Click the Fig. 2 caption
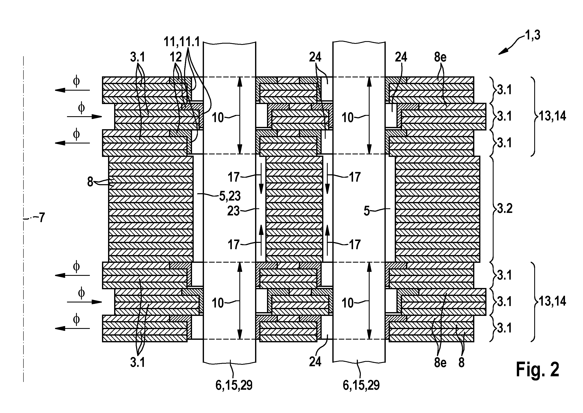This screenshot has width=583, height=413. point(538,370)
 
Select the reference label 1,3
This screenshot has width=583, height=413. point(533,35)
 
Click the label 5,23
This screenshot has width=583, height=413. point(230,196)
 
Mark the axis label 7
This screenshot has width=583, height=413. point(42,218)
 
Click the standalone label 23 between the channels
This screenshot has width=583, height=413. point(233,211)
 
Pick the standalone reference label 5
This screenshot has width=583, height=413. point(367,211)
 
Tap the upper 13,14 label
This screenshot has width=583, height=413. point(552,116)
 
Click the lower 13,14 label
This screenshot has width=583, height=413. point(552,301)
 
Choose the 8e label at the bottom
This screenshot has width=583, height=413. point(440,362)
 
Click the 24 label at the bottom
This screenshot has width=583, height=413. point(315,361)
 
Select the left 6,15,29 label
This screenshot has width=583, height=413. point(234,385)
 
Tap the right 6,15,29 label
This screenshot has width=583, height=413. point(361,385)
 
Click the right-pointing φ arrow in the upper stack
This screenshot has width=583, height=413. point(84,117)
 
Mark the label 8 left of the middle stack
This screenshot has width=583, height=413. point(90,182)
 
